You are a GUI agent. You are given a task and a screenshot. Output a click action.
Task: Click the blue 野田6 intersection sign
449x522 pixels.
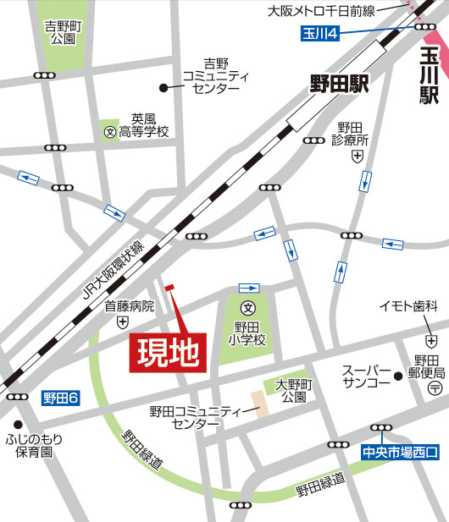[61, 396]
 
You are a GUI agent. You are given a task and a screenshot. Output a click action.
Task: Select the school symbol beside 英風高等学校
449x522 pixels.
[108, 131]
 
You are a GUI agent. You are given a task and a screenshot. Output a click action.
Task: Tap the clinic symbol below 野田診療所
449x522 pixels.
[358, 157]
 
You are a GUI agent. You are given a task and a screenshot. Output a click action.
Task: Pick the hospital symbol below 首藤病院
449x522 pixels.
[124, 322]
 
